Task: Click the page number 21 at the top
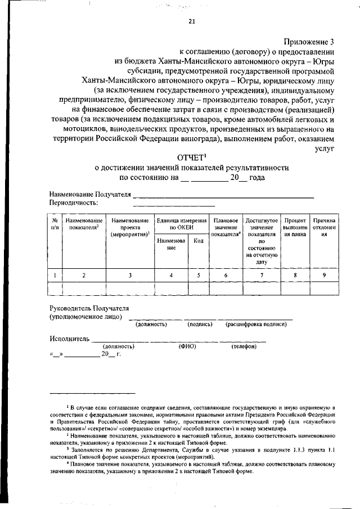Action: (x=192, y=22)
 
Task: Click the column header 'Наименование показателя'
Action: (x=84, y=224)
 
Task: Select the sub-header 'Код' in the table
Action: (x=198, y=241)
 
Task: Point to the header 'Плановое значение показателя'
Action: (x=226, y=228)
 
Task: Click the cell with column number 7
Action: (x=261, y=275)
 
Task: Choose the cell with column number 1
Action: (x=55, y=275)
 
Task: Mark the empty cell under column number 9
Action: (x=324, y=288)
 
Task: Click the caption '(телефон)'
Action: (x=244, y=346)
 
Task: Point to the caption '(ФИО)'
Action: (x=187, y=346)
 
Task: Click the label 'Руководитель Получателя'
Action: (x=89, y=309)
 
